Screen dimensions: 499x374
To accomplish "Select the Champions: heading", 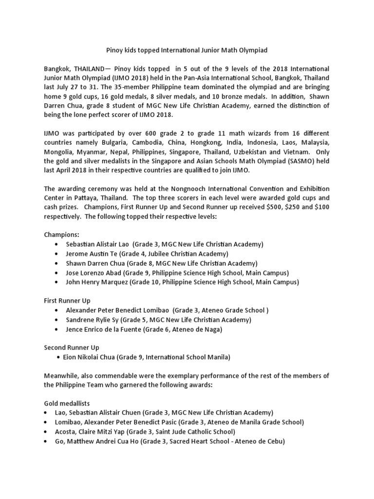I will click(x=61, y=234).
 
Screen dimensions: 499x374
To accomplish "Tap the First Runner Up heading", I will click(x=67, y=301).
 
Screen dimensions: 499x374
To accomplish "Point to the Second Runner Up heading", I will click(x=72, y=347).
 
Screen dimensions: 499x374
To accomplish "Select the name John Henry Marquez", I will click(x=97, y=282).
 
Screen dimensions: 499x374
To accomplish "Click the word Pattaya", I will click(x=83, y=197).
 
